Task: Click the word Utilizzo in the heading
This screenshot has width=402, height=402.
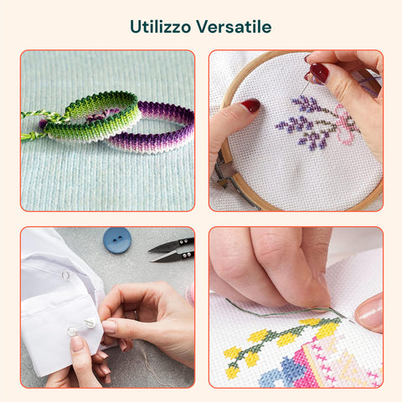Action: click(x=161, y=27)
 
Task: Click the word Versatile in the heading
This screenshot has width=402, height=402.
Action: click(x=234, y=27)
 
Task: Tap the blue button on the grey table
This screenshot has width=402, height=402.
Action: click(x=117, y=240)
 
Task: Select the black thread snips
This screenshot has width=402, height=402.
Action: click(x=172, y=250)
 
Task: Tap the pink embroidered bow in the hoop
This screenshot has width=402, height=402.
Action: click(x=346, y=124)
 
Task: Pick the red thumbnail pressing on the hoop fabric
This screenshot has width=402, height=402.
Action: click(x=251, y=106)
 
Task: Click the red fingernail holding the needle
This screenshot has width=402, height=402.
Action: click(x=319, y=73)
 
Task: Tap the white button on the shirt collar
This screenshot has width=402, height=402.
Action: click(x=66, y=276)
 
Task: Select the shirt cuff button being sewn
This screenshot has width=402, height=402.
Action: click(x=90, y=323)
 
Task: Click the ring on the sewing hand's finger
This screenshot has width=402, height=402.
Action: click(x=136, y=315)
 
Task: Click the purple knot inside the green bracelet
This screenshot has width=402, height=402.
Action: click(x=102, y=115)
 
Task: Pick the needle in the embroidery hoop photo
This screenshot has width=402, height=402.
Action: click(x=307, y=85)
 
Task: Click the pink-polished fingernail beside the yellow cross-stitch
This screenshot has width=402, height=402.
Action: click(x=369, y=312)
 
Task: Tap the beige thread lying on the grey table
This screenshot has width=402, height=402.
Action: click(x=151, y=363)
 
